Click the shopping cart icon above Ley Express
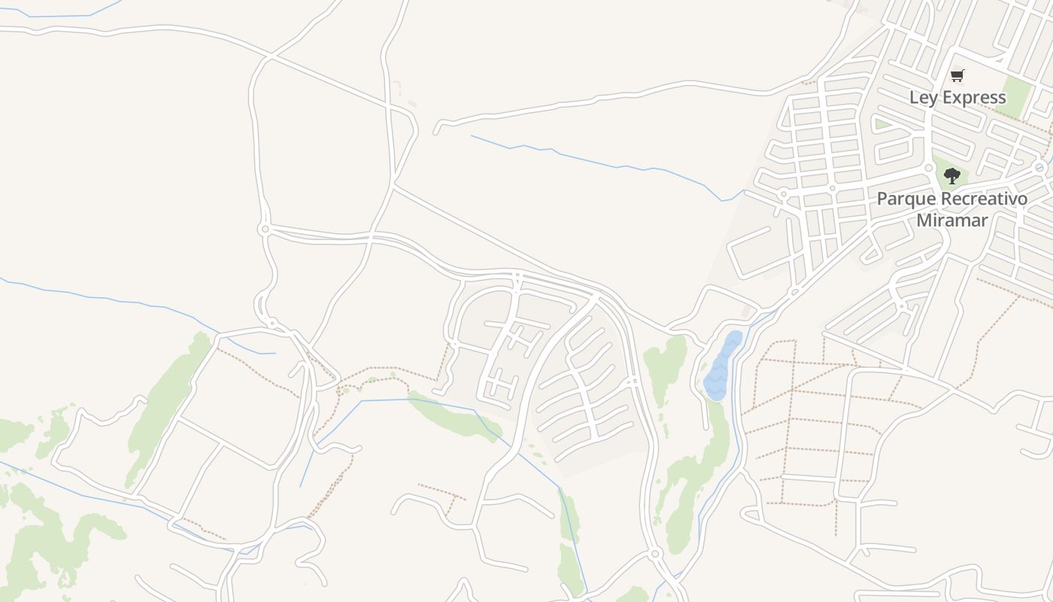click(x=957, y=75)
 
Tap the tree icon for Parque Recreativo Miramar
click(x=952, y=176)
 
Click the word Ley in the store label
click(x=923, y=98)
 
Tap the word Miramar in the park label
click(x=951, y=220)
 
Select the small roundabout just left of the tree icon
click(x=929, y=167)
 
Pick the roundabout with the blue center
click(x=1039, y=167)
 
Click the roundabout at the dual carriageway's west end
click(x=264, y=229)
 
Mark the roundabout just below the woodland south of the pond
click(x=655, y=554)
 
